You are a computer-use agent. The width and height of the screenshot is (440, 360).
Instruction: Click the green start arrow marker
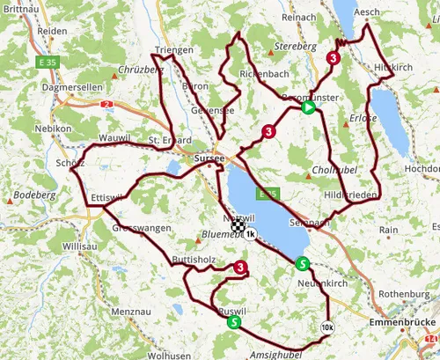(x=308, y=108)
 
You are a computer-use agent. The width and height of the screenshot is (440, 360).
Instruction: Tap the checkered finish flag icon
(x=238, y=226)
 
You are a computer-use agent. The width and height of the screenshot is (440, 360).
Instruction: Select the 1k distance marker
(x=251, y=235)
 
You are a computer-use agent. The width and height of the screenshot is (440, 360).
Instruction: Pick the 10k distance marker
(x=327, y=327)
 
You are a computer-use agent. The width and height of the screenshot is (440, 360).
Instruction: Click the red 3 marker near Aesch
(x=334, y=58)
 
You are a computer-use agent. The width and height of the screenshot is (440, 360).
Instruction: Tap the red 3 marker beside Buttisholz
(x=241, y=268)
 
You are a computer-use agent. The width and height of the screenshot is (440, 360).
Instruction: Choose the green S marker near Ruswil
(x=233, y=322)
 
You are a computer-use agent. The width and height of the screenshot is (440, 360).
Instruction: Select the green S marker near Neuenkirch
(x=303, y=263)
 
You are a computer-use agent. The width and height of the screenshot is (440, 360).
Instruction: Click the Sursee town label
(x=209, y=159)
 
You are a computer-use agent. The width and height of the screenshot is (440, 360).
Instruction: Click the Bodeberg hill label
(x=30, y=193)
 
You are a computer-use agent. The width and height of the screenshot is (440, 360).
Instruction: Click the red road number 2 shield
(x=107, y=105)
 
